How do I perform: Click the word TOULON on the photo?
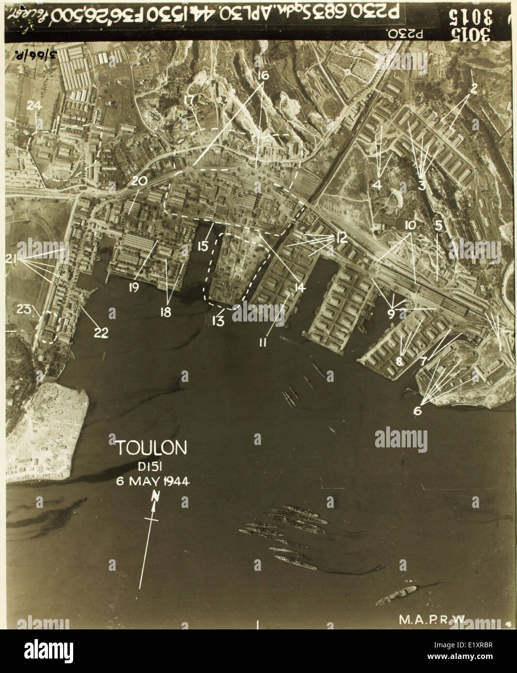(151, 448)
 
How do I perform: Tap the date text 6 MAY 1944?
(152, 481)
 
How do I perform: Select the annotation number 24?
(35, 106)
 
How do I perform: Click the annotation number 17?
(189, 100)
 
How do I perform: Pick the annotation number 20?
(139, 181)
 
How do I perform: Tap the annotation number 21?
(12, 260)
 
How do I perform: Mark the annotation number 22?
(101, 333)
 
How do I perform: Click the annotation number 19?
(134, 287)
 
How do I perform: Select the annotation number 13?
(218, 321)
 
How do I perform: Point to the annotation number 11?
(263, 343)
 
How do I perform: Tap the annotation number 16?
(262, 76)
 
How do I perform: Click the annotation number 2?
(473, 89)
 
